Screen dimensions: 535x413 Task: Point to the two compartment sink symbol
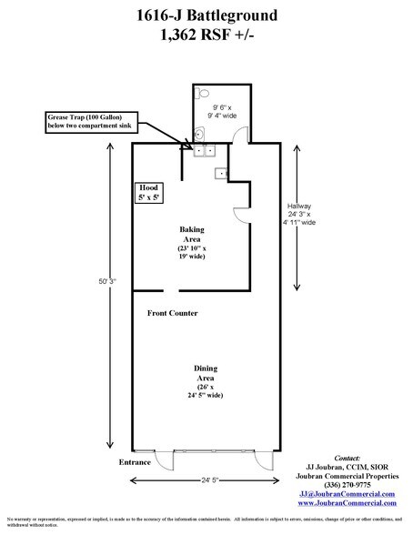pos(201,151)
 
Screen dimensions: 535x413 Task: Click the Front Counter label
pos(174,313)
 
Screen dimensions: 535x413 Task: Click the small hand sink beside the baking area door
pos(218,173)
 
